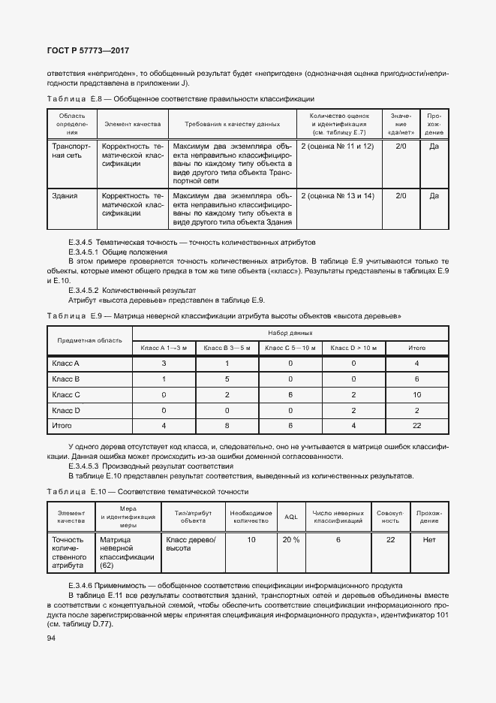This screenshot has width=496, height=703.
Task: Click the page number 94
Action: pos(52,638)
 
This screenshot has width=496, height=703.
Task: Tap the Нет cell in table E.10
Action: pos(429,540)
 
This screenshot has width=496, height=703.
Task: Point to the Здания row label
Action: pos(65,196)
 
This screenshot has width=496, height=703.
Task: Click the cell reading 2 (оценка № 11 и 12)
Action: pos(337,146)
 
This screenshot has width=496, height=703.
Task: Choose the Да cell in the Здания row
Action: pos(434,196)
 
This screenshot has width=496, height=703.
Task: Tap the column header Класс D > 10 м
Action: pos(353,348)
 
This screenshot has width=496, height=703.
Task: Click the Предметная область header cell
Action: pos(90,340)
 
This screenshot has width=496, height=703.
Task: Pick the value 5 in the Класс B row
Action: pos(227,379)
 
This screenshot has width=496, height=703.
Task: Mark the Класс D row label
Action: pos(66,410)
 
